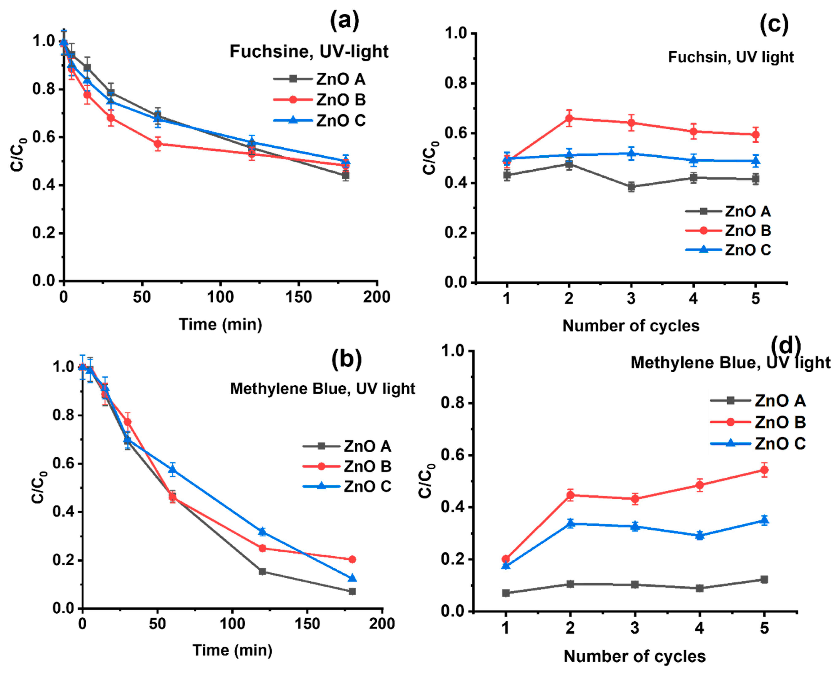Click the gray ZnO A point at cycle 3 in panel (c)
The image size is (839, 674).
tap(631, 187)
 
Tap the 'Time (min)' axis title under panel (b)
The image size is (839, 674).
tap(232, 650)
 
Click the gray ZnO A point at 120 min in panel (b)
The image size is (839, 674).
tap(262, 571)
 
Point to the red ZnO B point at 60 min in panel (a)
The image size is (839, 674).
tap(158, 144)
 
